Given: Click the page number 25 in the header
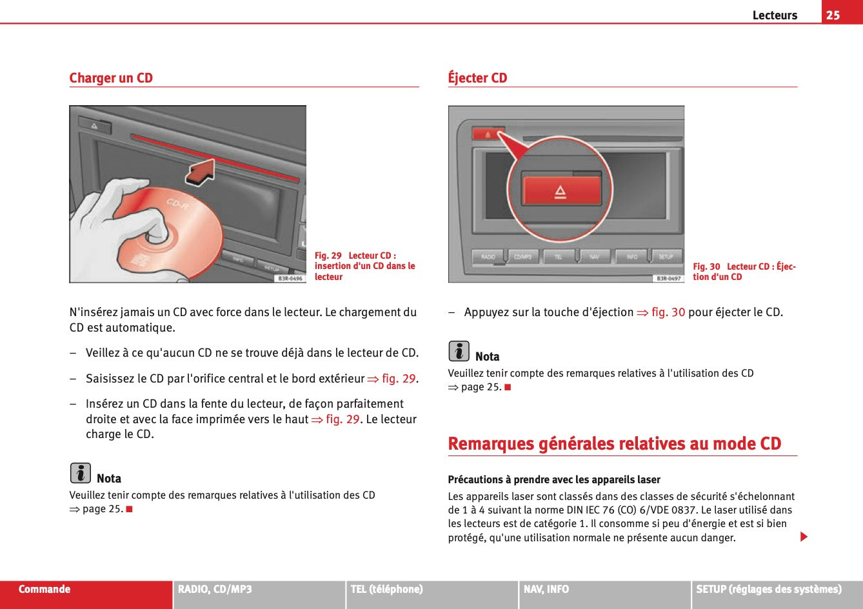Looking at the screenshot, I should click(833, 15).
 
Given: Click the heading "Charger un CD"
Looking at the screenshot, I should click(111, 78).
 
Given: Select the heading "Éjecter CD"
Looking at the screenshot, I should click(477, 78).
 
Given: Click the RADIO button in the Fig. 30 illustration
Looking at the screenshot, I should click(488, 257).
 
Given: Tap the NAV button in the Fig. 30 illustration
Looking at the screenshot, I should click(595, 257).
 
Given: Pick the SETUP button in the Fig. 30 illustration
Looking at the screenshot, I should click(666, 257).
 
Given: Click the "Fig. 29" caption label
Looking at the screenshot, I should click(328, 255).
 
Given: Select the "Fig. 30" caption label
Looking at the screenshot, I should click(706, 266).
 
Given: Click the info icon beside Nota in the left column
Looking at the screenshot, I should click(80, 474).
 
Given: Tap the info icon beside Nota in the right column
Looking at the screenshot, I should click(459, 352).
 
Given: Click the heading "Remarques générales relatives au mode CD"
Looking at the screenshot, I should click(614, 444).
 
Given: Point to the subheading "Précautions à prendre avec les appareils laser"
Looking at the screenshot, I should click(554, 479).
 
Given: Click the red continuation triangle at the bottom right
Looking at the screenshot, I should click(804, 537).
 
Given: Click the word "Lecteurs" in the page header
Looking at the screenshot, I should click(775, 15).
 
